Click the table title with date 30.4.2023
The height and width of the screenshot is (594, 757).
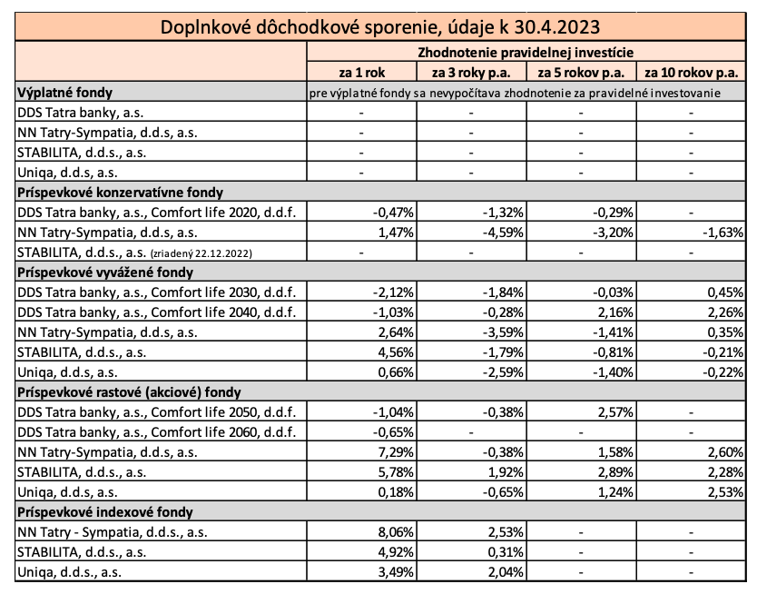pos(380,27)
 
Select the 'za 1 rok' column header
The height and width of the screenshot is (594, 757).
pos(361,73)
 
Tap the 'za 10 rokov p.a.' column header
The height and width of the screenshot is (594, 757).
pos(692,73)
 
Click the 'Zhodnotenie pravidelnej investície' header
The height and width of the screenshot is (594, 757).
pos(526,52)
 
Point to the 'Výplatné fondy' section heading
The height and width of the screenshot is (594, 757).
pos(64,93)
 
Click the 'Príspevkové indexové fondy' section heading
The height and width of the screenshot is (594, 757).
pos(105,512)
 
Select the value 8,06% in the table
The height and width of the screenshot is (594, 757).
pos(397,532)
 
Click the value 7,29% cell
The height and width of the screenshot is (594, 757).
pos(397,452)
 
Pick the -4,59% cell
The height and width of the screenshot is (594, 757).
pos(503,233)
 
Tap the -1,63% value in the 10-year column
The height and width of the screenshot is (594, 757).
pos(723,233)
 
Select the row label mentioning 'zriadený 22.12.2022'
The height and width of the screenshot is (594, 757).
pos(134,252)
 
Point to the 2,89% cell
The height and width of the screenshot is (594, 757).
pos(615,472)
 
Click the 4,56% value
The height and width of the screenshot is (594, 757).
pos(397,352)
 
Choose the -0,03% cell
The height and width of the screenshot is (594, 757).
pos(613,292)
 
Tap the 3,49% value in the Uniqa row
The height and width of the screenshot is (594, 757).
pos(397,572)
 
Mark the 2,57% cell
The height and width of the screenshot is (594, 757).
pos(615,412)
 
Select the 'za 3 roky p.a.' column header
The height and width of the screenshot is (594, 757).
pos(471,73)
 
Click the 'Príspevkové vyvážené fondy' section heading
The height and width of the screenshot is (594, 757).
pos(105,272)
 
